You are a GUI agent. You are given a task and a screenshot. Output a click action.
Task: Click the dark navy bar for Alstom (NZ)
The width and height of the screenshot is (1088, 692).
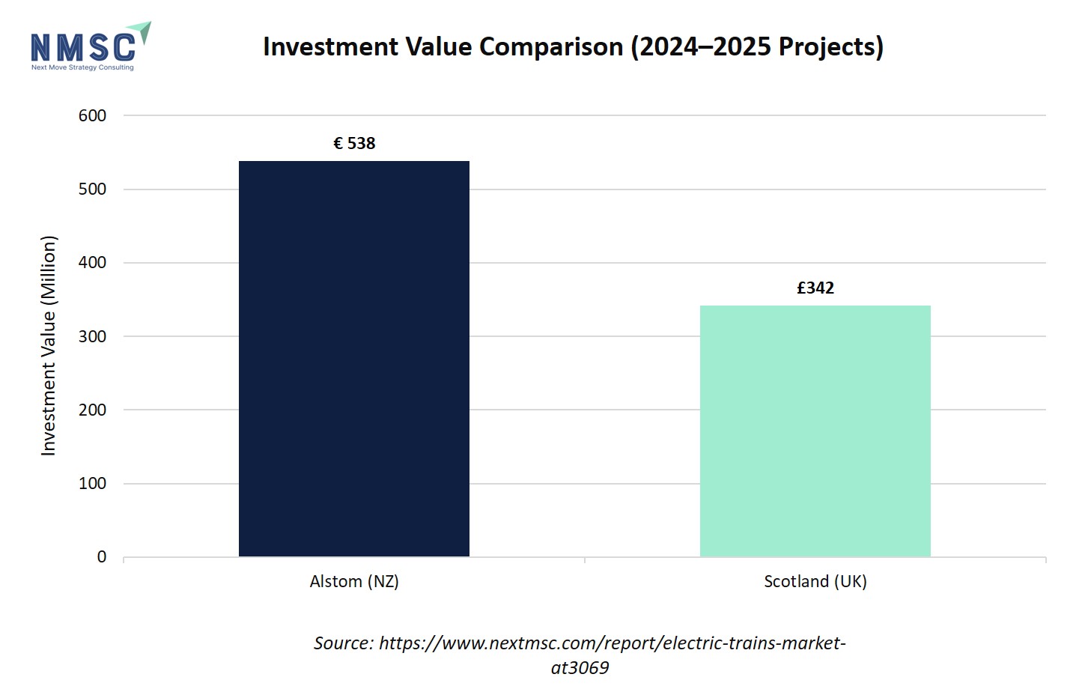[353, 359]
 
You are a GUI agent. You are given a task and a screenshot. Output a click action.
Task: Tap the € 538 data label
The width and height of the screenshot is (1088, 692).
[354, 143]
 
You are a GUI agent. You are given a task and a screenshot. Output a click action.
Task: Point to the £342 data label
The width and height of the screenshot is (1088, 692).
[815, 288]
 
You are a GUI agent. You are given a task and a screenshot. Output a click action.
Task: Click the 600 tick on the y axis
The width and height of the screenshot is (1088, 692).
[92, 115]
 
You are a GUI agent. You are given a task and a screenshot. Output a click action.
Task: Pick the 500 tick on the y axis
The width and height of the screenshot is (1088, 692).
[92, 189]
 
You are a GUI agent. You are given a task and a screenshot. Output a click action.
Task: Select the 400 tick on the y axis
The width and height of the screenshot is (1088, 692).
[92, 263]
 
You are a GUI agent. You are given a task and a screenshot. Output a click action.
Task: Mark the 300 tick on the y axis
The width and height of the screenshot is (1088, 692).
[92, 336]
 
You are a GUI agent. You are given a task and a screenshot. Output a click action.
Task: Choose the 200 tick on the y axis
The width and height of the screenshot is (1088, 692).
[92, 410]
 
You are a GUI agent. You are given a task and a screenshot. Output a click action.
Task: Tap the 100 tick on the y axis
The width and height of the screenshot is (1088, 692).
[92, 483]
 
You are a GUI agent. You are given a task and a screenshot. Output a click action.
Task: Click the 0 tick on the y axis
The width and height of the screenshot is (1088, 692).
[101, 557]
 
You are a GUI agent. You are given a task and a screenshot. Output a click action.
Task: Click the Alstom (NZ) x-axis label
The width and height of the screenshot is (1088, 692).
[354, 581]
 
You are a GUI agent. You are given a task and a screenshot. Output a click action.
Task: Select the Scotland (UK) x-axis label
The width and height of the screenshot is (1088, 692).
[815, 581]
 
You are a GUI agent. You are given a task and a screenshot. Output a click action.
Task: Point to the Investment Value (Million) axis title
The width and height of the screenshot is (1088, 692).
[49, 345]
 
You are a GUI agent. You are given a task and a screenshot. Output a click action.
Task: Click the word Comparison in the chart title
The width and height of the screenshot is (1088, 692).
[550, 46]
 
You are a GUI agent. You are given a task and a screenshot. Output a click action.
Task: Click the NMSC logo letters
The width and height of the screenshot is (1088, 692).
[82, 46]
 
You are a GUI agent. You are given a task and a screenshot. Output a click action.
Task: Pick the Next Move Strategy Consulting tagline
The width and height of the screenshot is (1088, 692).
[82, 67]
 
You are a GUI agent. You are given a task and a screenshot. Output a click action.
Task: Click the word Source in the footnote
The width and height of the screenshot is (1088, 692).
[342, 643]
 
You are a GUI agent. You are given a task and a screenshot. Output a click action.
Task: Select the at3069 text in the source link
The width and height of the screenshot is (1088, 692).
[580, 667]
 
